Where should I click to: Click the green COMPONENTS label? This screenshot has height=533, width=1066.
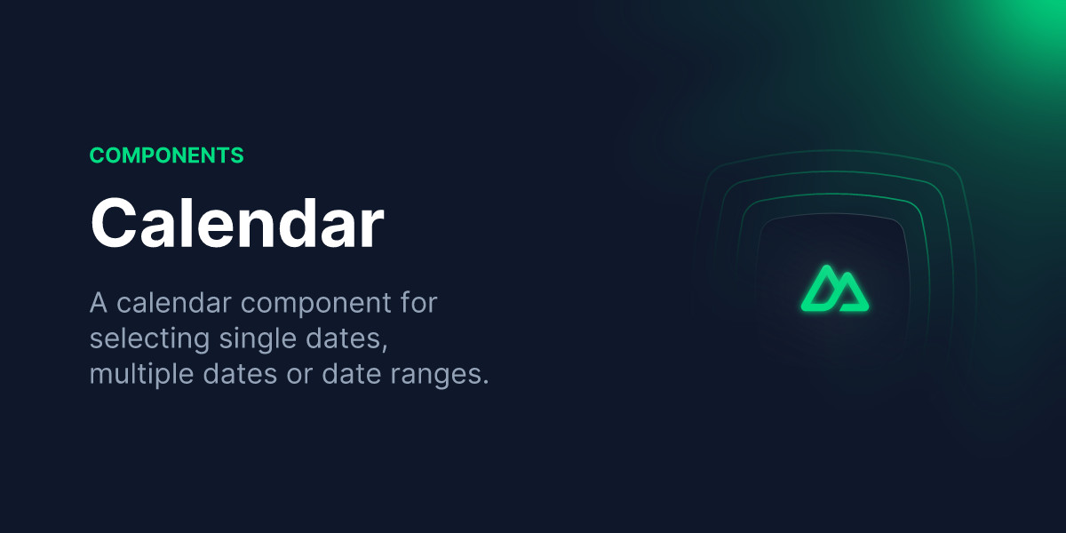click(167, 155)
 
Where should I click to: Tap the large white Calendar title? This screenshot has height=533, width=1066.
click(237, 223)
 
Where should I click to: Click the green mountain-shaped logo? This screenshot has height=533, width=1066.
click(835, 289)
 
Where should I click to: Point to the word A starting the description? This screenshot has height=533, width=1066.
click(98, 303)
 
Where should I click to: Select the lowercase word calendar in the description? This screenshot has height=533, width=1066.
click(174, 303)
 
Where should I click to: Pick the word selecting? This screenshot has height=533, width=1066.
click(149, 338)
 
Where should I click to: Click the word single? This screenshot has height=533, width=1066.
click(258, 338)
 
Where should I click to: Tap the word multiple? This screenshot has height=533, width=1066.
click(141, 374)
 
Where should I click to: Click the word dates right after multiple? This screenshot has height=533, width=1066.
click(240, 374)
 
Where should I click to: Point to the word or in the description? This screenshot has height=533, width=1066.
click(298, 376)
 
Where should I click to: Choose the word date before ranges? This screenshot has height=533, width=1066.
click(351, 374)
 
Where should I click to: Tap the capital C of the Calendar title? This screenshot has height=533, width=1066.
click(112, 223)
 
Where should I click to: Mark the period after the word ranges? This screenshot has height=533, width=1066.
click(485, 382)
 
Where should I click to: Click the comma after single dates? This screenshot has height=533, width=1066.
click(385, 346)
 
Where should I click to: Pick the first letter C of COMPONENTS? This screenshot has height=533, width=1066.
click(98, 155)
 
